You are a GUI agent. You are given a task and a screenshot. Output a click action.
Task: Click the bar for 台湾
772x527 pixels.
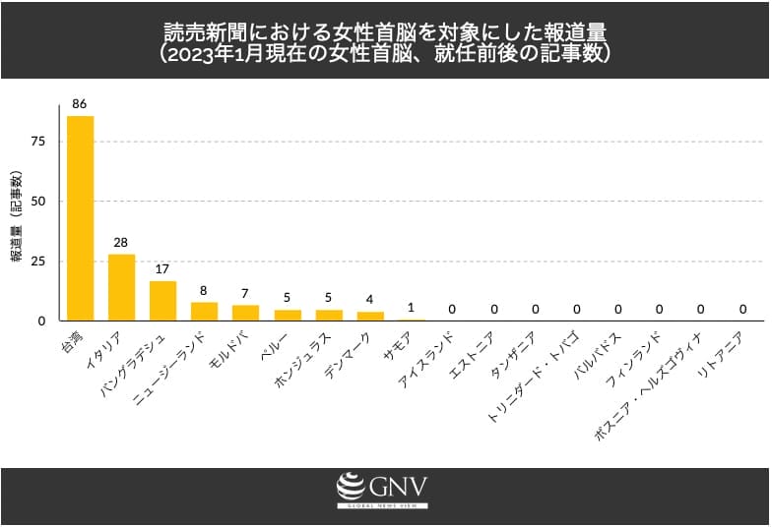pos(80,218)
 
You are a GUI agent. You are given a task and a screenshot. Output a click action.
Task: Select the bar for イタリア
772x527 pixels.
pos(121,287)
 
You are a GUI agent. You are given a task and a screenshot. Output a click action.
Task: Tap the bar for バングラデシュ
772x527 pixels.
pos(162,301)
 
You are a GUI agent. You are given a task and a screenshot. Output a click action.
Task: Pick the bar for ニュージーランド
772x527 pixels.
pos(204,312)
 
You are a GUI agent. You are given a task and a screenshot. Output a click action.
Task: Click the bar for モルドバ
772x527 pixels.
pos(245,313)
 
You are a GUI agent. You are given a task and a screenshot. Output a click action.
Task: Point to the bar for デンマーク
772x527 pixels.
pos(369,317)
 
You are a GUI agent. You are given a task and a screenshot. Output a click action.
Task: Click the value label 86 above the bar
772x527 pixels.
pos(80,103)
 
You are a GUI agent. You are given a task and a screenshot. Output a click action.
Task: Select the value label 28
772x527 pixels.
pos(121,242)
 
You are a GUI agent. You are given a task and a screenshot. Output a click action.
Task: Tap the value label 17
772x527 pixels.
pos(162,268)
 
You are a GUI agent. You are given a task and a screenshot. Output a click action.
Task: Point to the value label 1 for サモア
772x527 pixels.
pos(411,308)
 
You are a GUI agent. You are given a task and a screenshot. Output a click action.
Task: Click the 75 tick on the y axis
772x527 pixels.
pos(38,142)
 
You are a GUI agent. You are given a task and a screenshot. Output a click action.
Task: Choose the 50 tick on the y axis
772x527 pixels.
pos(38,202)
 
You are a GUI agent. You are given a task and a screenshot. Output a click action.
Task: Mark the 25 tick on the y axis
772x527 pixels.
pos(38,262)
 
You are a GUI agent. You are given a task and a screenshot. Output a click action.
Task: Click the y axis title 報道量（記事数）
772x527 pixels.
pos(17,217)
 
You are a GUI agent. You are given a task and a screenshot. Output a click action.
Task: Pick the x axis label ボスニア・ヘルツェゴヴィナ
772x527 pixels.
pos(645,383)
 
